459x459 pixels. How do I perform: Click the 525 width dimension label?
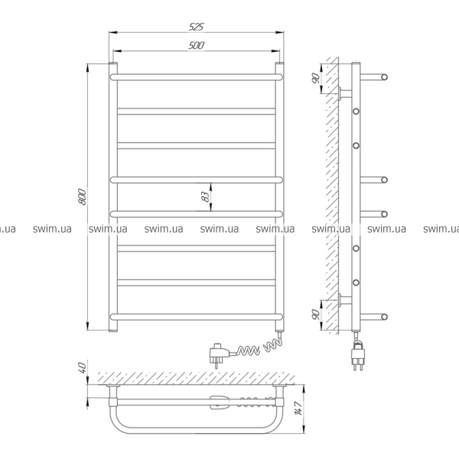[196, 27]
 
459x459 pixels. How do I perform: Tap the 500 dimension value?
[197, 45]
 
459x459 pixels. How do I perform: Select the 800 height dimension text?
[83, 197]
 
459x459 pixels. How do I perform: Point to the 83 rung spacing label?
[206, 197]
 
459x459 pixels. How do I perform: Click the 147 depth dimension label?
[298, 408]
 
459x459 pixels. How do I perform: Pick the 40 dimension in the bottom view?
[83, 368]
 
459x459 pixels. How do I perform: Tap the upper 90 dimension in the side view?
[316, 78]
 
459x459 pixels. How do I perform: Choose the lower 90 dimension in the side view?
[316, 314]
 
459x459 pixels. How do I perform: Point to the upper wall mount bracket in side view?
[345, 93]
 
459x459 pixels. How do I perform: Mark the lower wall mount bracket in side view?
[345, 300]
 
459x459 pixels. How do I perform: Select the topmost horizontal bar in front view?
[197, 77]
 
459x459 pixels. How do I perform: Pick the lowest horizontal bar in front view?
[197, 317]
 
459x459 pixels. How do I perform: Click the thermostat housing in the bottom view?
[220, 402]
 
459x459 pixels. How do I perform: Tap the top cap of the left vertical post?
[113, 63]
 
